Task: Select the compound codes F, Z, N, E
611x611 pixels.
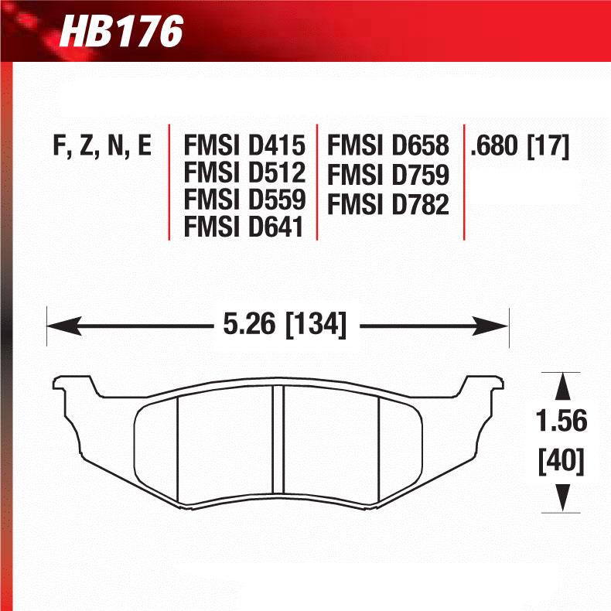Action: (102, 145)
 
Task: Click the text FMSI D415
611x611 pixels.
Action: (244, 145)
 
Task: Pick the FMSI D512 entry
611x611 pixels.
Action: (244, 172)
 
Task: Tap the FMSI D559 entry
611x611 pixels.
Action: (244, 200)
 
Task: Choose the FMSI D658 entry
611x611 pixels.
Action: (388, 145)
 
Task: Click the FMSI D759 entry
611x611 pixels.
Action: (388, 175)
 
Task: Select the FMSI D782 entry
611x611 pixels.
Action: (388, 204)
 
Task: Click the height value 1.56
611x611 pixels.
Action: (562, 422)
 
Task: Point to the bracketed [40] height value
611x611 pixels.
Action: (562, 462)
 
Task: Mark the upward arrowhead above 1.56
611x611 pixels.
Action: (562, 384)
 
